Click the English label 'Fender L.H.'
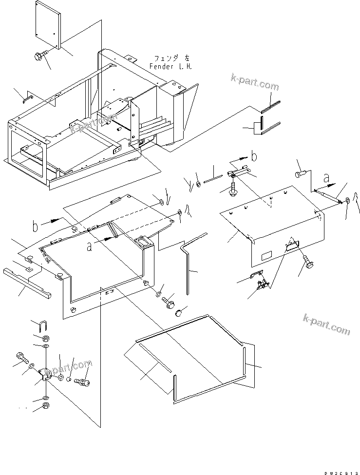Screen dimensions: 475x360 pyautogui.click(x=171, y=66)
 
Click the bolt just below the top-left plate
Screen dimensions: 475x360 pyautogui.click(x=39, y=57)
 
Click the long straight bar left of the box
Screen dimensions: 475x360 pyautogui.click(x=27, y=284)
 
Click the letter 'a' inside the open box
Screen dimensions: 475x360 pyautogui.click(x=89, y=247)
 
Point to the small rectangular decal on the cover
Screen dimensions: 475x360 pyautogui.click(x=266, y=256)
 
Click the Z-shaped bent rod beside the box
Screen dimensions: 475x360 pyautogui.click(x=187, y=263)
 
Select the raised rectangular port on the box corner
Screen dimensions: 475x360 pyautogui.click(x=143, y=242)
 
